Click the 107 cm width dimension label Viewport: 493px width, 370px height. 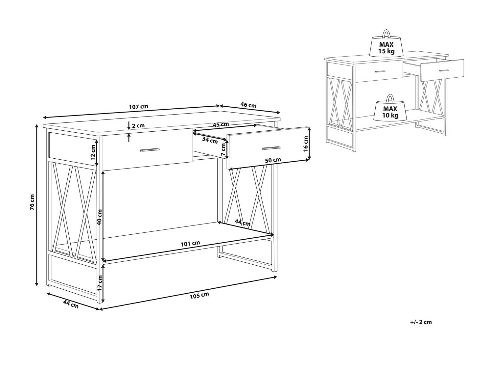coord(139,106)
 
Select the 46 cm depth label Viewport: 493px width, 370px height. coord(248,105)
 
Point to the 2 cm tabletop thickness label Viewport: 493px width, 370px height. coord(138,125)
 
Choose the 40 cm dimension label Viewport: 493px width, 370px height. coord(100,217)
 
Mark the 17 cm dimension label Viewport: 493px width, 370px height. coord(100,282)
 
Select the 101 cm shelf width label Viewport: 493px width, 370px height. coord(190,243)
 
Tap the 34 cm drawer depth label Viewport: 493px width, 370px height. coord(210,140)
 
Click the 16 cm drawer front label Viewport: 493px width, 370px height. coord(305,144)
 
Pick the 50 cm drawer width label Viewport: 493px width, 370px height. coord(273,160)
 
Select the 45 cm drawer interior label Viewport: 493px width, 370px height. coord(221,124)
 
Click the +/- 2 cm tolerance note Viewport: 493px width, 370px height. coord(421,322)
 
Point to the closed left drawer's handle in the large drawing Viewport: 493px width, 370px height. coord(150,150)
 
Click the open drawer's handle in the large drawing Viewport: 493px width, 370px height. coord(271,148)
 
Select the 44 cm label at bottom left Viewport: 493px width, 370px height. coord(71,304)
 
